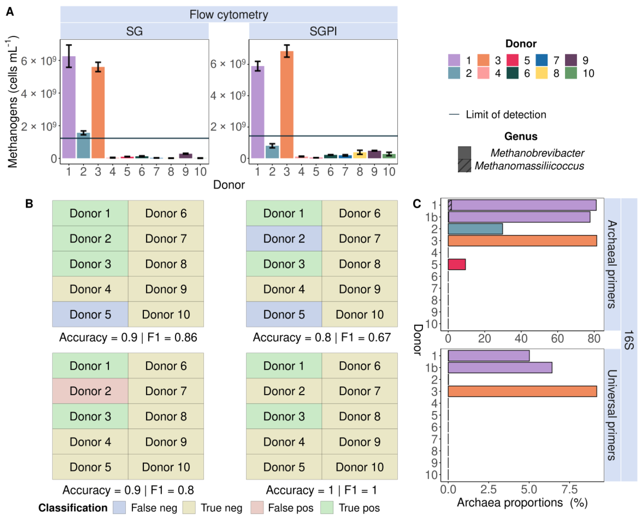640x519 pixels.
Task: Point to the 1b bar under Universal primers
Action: pyautogui.click(x=500, y=368)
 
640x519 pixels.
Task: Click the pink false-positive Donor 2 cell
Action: pyautogui.click(x=90, y=391)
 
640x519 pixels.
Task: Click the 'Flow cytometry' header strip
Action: pyautogui.click(x=229, y=14)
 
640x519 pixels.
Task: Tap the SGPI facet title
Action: pyautogui.click(x=323, y=31)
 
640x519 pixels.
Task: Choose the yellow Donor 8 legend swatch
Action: pyautogui.click(x=541, y=73)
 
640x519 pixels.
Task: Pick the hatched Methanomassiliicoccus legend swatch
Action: pyautogui.click(x=464, y=166)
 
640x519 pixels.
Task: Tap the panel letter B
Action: pyautogui.click(x=29, y=204)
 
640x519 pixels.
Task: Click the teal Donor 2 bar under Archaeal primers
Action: pyautogui.click(x=475, y=229)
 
